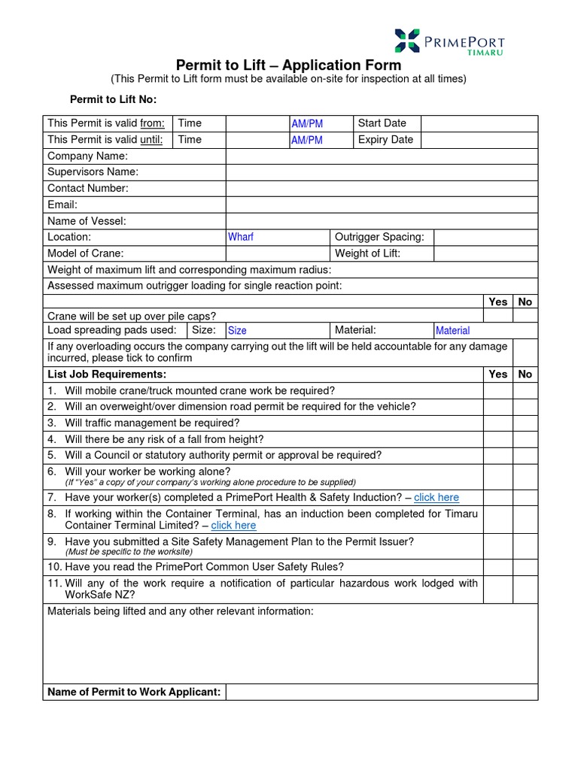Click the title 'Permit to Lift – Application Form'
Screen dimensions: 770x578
pyautogui.click(x=288, y=65)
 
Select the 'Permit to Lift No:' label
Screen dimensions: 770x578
pyautogui.click(x=113, y=99)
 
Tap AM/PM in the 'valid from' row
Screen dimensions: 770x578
pyautogui.click(x=306, y=123)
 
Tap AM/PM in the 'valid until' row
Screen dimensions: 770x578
pyautogui.click(x=306, y=140)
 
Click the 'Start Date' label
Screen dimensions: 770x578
pyautogui.click(x=382, y=123)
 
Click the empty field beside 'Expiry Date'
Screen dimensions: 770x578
pyautogui.click(x=479, y=140)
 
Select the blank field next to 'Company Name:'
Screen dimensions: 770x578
pyautogui.click(x=382, y=156)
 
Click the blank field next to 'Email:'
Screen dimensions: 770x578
pyautogui.click(x=382, y=205)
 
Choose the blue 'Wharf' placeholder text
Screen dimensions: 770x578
pyautogui.click(x=241, y=237)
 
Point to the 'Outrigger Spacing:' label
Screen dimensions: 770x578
pyautogui.click(x=379, y=237)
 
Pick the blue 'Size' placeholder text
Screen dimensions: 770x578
pyautogui.click(x=237, y=330)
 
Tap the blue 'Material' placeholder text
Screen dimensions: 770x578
pyautogui.click(x=452, y=330)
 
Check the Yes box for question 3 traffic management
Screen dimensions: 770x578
pyautogui.click(x=497, y=423)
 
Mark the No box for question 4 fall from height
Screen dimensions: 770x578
pyautogui.click(x=525, y=439)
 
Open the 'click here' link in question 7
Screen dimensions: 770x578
pyautogui.click(x=436, y=497)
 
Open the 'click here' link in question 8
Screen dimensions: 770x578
pyautogui.click(x=233, y=525)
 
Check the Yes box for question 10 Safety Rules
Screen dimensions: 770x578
pyautogui.click(x=497, y=567)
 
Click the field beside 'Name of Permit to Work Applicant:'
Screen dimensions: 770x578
pyautogui.click(x=382, y=692)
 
